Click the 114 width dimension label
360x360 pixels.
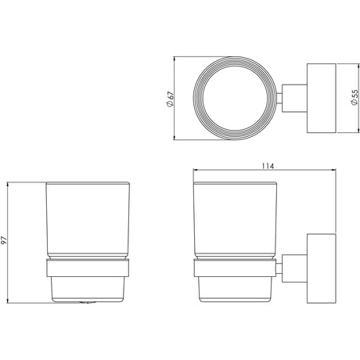coord(268,166)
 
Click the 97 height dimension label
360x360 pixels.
coord(4,240)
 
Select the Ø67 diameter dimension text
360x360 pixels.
coord(170,99)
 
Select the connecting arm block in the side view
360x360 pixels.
coord(294,268)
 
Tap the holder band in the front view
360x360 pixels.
coord(88,268)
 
